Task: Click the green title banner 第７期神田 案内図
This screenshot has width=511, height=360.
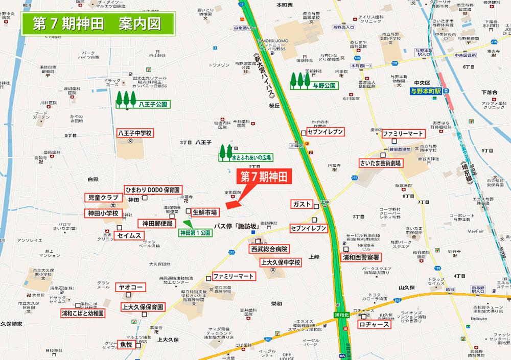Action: click(x=97, y=25)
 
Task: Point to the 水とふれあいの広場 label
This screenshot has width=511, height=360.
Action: click(x=251, y=158)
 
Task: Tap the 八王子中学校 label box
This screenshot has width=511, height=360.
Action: click(x=135, y=133)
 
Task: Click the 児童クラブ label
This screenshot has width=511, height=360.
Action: click(x=103, y=198)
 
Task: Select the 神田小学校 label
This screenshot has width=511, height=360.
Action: click(x=103, y=213)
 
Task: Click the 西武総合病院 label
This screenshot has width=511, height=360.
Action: click(x=269, y=250)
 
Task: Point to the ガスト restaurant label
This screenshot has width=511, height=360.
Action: click(x=302, y=204)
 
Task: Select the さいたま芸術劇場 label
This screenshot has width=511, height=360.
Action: click(x=381, y=163)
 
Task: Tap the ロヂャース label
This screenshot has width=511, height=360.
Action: click(x=375, y=324)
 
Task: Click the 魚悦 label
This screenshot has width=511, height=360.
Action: click(x=126, y=345)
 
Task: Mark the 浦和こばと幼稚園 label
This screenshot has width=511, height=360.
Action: click(x=83, y=313)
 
